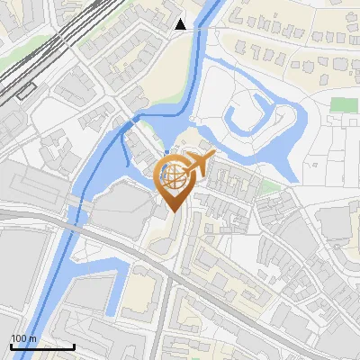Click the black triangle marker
[x=181, y=24]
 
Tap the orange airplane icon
[x=198, y=165]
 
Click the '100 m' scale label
[x=23, y=338]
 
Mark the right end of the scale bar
[x=74, y=346]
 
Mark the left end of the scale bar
[x=11, y=346]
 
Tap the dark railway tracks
[x=36, y=63]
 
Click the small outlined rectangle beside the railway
[x=25, y=90]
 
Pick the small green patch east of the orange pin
[x=269, y=187]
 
